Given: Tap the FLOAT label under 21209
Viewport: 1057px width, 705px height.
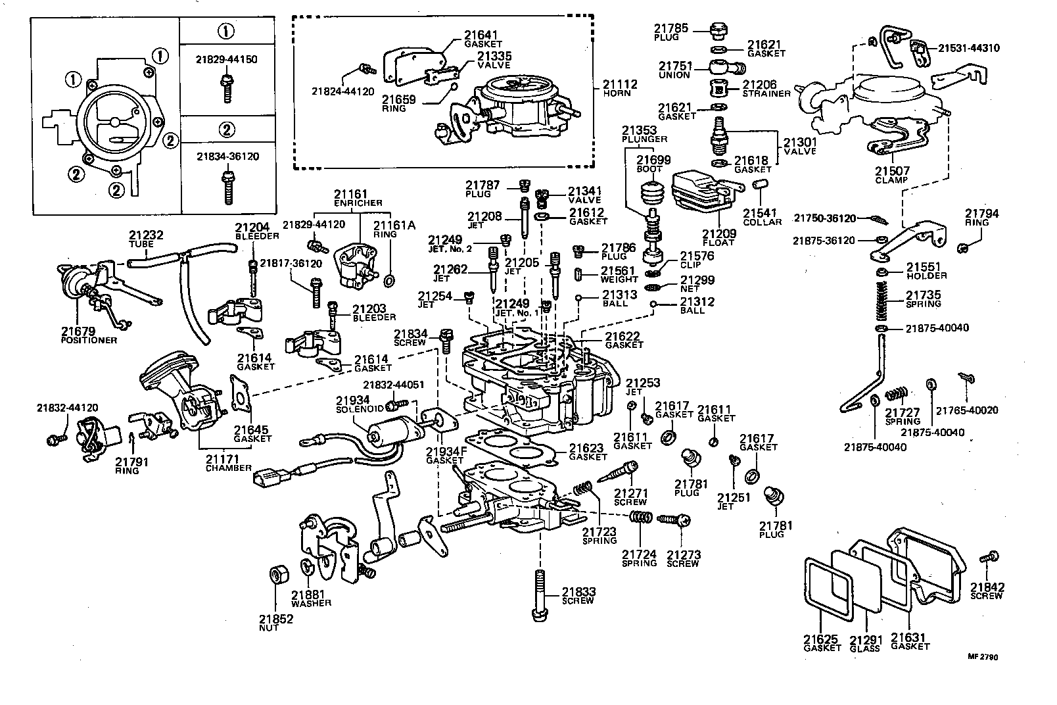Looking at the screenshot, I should coord(718,243).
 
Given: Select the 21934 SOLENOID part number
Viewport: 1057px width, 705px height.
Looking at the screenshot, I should coord(353,400).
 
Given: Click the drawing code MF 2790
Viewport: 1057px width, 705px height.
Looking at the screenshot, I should coord(983,657).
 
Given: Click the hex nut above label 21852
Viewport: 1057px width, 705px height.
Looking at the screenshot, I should coord(277,573).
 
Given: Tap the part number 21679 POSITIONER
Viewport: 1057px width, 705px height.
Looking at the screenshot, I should coord(80,331).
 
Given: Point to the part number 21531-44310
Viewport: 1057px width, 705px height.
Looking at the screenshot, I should coord(968,48).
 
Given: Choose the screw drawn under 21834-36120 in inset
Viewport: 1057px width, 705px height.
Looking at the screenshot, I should coord(227,186).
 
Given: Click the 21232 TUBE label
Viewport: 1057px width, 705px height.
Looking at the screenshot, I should coord(146,235).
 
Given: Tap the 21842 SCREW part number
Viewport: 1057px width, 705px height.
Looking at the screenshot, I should coord(987,587).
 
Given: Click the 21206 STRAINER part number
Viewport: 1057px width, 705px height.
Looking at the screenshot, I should coord(759,85).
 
